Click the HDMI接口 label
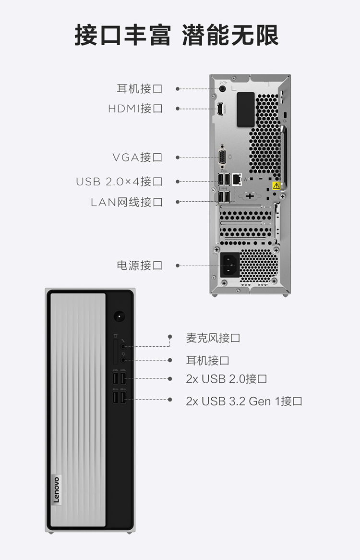[135, 108]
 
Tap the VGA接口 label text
[137, 157]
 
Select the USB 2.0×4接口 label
[119, 182]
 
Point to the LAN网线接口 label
[127, 202]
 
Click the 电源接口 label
[140, 266]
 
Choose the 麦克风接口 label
[213, 338]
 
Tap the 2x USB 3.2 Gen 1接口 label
[244, 401]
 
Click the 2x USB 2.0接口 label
[227, 378]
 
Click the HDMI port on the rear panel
[220, 109]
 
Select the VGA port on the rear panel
[222, 157]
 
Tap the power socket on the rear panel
[230, 265]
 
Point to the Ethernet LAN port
[237, 179]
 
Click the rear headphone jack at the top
[223, 88]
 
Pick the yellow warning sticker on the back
[276, 186]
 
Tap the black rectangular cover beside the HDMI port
[246, 110]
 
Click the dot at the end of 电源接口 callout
[178, 266]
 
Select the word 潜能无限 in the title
[230, 36]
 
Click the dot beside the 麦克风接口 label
[170, 336]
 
